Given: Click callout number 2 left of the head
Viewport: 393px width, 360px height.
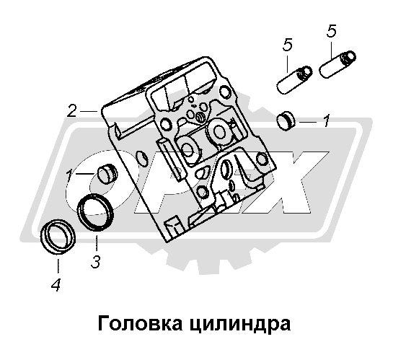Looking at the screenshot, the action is click(x=71, y=111).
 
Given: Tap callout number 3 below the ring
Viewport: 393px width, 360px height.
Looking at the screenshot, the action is click(x=95, y=262).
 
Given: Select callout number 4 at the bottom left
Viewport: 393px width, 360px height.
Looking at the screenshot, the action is click(x=56, y=285).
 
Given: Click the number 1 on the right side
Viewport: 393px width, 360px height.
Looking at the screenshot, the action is click(x=326, y=121).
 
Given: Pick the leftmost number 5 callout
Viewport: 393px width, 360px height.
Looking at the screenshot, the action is click(x=287, y=45).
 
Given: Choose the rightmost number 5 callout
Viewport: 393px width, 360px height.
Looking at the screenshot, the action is click(x=331, y=31).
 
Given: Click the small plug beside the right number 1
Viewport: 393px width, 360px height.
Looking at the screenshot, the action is click(x=286, y=120).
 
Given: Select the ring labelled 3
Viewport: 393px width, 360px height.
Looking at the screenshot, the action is click(x=95, y=212).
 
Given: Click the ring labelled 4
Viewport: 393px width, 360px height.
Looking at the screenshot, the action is click(x=58, y=237).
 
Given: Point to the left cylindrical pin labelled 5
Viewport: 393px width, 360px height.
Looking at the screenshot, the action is click(x=294, y=80).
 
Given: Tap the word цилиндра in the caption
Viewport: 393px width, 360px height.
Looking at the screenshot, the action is click(x=240, y=325).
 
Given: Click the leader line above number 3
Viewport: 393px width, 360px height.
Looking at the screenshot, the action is click(x=97, y=243).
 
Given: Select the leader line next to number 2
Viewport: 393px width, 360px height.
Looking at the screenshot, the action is click(x=89, y=110).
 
